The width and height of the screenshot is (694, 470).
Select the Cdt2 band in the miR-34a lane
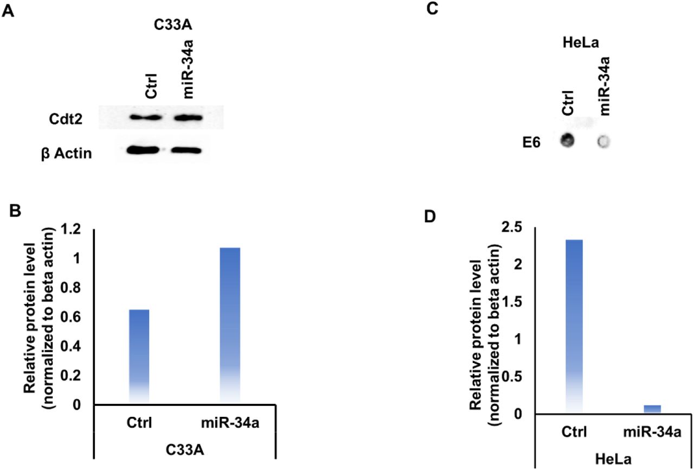[188, 117]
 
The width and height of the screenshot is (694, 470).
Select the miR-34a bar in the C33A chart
[230, 326]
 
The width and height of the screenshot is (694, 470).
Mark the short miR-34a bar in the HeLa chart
[652, 409]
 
